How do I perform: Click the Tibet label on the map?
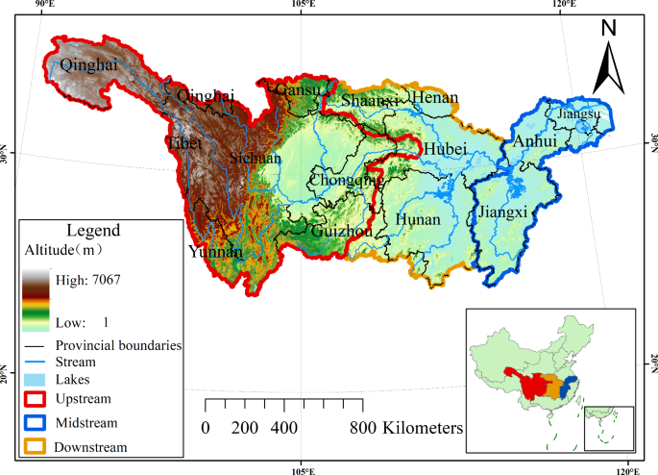tap(185, 142)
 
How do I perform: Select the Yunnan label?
tap(216, 253)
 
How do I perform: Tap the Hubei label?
tap(445, 149)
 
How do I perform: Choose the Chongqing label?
tap(346, 180)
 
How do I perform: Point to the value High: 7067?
tap(87, 279)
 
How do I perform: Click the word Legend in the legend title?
tap(93, 231)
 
